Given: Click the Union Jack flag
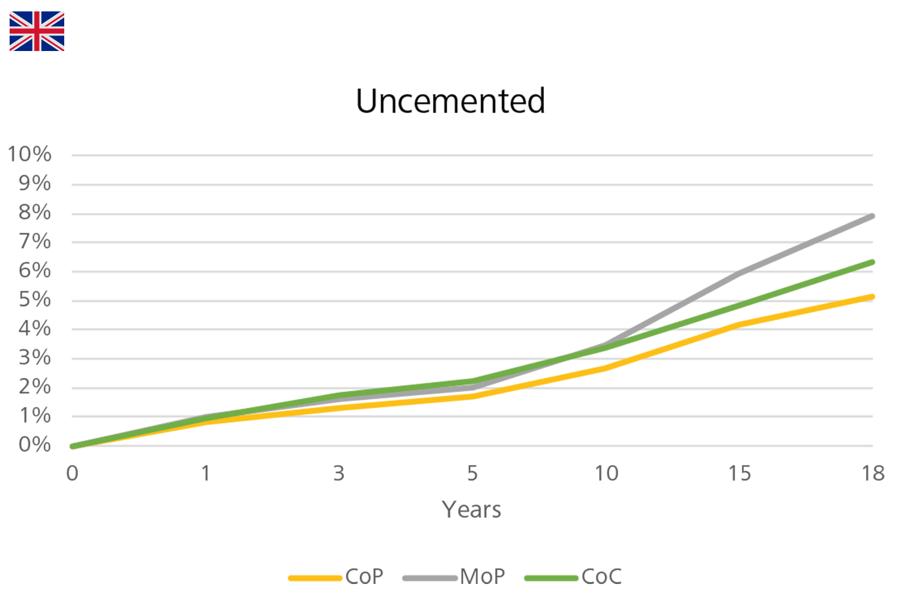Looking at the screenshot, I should pyautogui.click(x=37, y=31).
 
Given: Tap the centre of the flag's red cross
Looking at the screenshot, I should pyautogui.click(x=37, y=31).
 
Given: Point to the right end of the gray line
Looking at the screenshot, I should pyautogui.click(x=878, y=215).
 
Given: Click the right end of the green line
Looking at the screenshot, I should pyautogui.click(x=878, y=259).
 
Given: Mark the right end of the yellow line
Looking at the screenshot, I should pyautogui.click(x=878, y=291).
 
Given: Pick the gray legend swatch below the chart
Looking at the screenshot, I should pyautogui.click(x=424, y=555).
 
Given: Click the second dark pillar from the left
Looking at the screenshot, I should pyautogui.click(x=206, y=510).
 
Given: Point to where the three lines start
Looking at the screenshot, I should pyautogui.click(x=70, y=444).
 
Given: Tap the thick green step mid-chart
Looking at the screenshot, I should pyautogui.click(x=429, y=379).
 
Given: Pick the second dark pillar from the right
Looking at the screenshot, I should pyautogui.click(x=741, y=510).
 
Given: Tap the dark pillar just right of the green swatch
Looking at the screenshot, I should pyautogui.click(x=606, y=510).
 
